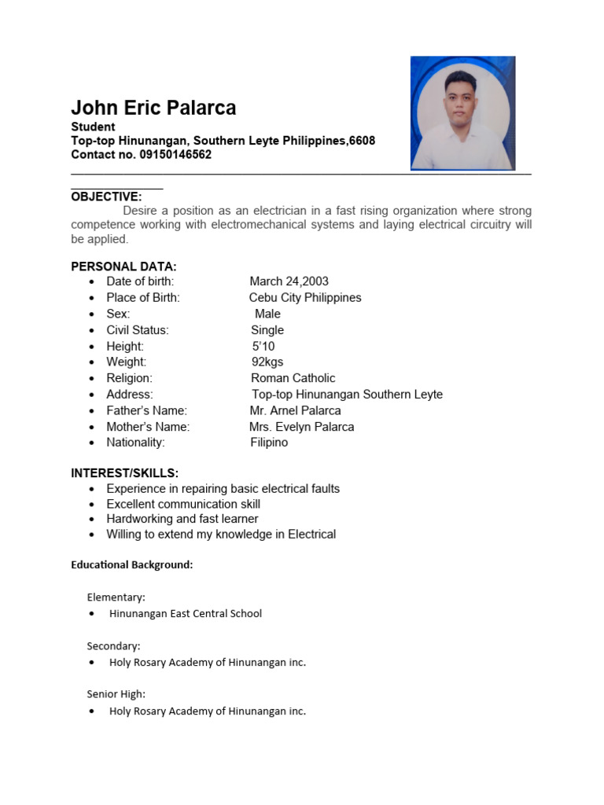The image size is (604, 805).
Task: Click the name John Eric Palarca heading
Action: pyautogui.click(x=153, y=108)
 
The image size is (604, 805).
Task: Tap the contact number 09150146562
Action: pyautogui.click(x=175, y=155)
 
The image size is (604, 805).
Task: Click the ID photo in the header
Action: pyautogui.click(x=462, y=113)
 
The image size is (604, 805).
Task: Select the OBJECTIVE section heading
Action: pyautogui.click(x=106, y=197)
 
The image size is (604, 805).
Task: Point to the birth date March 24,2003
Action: pyautogui.click(x=289, y=281)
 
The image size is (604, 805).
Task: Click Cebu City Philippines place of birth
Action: pyautogui.click(x=305, y=298)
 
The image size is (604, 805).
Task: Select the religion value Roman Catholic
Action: pyautogui.click(x=293, y=378)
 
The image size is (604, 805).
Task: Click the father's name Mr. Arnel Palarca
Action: pyautogui.click(x=295, y=410)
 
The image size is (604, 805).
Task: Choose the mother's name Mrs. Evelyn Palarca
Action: pyautogui.click(x=301, y=427)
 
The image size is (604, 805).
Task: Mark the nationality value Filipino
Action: pyautogui.click(x=269, y=443)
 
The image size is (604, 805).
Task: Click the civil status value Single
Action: pyautogui.click(x=267, y=330)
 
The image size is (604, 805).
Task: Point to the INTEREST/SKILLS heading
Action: pyautogui.click(x=124, y=473)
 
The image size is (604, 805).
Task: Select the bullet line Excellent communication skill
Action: pyautogui.click(x=183, y=504)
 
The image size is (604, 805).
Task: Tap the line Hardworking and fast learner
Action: pyautogui.click(x=182, y=519)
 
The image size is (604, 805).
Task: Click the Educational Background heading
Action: pyautogui.click(x=131, y=564)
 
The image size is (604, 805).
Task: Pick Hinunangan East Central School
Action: pyautogui.click(x=185, y=613)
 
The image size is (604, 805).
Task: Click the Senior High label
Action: pyautogui.click(x=116, y=694)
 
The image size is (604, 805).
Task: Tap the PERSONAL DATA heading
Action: pyautogui.click(x=123, y=266)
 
